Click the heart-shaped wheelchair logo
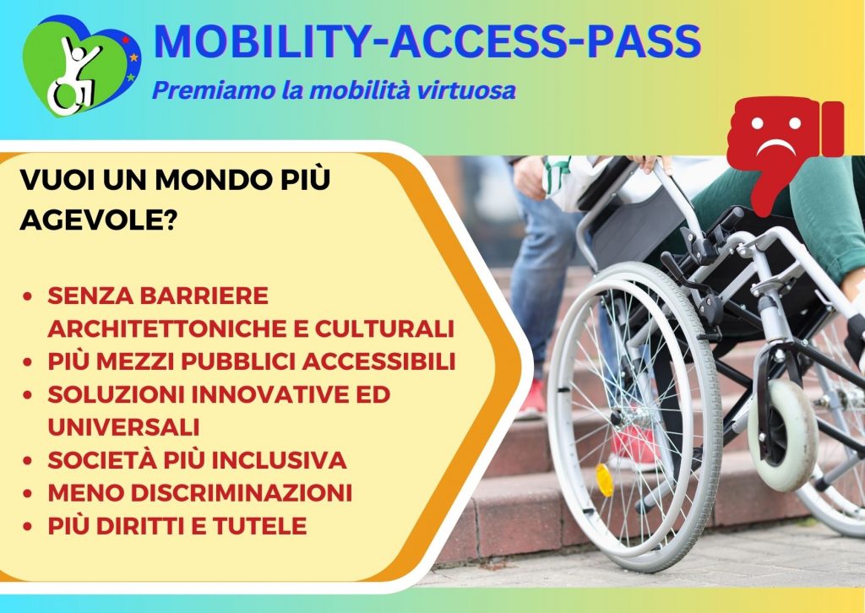pos(81,65)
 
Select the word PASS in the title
pos(643,41)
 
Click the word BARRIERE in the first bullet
pos(204,296)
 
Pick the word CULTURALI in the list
pos(384,328)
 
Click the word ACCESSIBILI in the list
pos(378,361)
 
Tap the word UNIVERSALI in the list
pos(123,427)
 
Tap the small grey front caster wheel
pos(783,435)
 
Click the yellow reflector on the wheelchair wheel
pos(605,480)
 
